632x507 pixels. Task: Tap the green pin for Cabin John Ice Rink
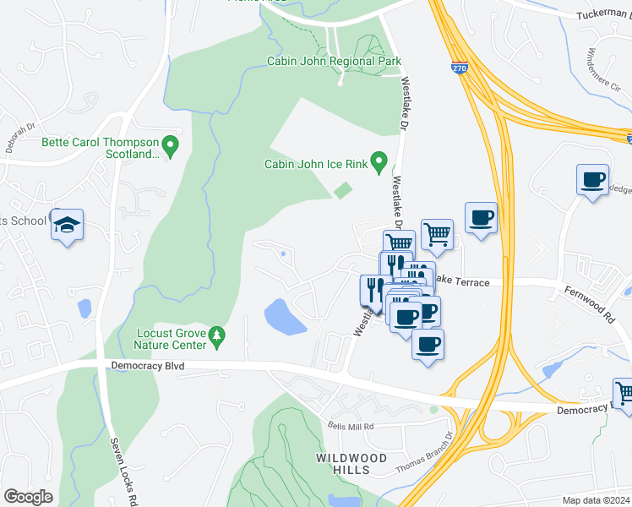click(379, 161)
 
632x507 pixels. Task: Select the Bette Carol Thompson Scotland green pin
click(170, 148)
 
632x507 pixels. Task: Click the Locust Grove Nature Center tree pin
click(218, 337)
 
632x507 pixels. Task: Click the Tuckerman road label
click(603, 15)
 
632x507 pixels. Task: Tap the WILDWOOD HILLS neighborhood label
click(351, 464)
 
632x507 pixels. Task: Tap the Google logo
click(29, 496)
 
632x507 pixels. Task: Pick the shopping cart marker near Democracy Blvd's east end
click(624, 393)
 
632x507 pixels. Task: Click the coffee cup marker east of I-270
click(592, 180)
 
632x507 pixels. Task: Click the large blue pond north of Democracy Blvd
click(286, 317)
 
